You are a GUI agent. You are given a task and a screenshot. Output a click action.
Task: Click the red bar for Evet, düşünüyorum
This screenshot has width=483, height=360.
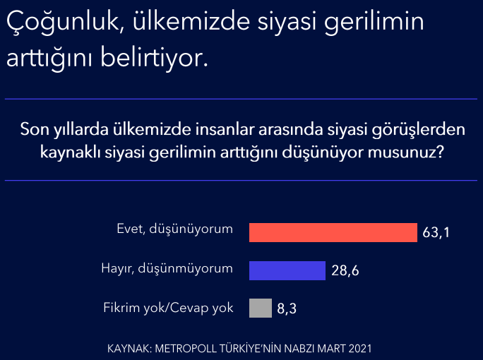333,232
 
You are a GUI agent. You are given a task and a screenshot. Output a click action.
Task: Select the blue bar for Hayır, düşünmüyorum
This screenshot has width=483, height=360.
287,270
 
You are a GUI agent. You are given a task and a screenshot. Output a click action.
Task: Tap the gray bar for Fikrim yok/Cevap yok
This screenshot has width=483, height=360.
261,308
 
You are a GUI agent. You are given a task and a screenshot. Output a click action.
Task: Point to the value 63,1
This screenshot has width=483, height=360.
436,232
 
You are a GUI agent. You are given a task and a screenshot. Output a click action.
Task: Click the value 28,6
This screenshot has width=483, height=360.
345,270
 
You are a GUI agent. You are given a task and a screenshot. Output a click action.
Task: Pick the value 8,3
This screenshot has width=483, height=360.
287,308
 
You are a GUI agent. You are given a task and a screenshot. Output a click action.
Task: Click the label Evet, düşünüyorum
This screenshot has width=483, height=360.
174,229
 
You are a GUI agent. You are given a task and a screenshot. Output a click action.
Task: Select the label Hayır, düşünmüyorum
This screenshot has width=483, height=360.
167,268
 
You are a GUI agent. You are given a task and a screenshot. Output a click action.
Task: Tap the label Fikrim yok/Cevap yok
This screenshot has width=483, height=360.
168,308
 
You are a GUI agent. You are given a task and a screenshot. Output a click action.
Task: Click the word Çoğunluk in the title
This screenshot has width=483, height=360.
65,22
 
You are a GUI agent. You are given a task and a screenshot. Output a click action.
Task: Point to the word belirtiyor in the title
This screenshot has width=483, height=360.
155,58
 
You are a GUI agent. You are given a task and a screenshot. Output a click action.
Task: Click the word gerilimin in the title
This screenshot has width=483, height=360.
374,22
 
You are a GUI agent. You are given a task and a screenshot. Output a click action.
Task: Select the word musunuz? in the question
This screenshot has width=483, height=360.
406,152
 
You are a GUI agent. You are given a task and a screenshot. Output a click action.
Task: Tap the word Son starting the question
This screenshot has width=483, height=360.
34,129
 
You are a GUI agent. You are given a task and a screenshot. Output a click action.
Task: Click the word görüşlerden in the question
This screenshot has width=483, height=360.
418,130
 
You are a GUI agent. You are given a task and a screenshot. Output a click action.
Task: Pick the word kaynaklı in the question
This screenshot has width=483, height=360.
70,152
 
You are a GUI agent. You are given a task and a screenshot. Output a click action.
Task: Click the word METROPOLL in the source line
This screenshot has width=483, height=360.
186,349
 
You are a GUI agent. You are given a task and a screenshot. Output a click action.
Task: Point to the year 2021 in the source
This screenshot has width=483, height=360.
360,349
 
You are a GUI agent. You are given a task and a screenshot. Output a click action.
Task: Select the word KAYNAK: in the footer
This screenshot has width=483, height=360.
129,349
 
